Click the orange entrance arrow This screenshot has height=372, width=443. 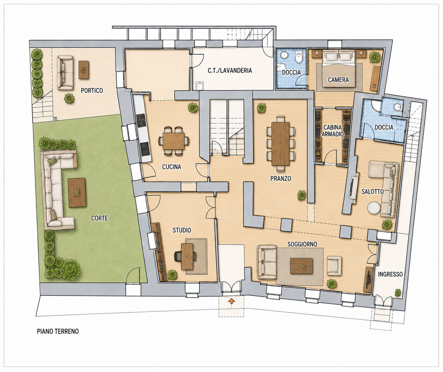231,301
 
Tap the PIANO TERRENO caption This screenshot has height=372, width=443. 58,331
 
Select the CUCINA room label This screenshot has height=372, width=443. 172,167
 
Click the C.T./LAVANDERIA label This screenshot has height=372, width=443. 230,71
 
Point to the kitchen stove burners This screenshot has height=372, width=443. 141,121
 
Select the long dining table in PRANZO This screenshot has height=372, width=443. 280,143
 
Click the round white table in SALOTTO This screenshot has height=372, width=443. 374,208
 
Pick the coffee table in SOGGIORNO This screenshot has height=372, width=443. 301,266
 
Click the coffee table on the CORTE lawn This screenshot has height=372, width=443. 77,193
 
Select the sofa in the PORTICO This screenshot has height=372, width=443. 65,73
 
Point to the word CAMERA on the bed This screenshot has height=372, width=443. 338,80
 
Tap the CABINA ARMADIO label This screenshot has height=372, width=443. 332,131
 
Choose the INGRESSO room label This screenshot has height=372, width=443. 390,274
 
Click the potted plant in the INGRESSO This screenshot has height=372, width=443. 398,293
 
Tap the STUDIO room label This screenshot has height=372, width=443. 182,230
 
